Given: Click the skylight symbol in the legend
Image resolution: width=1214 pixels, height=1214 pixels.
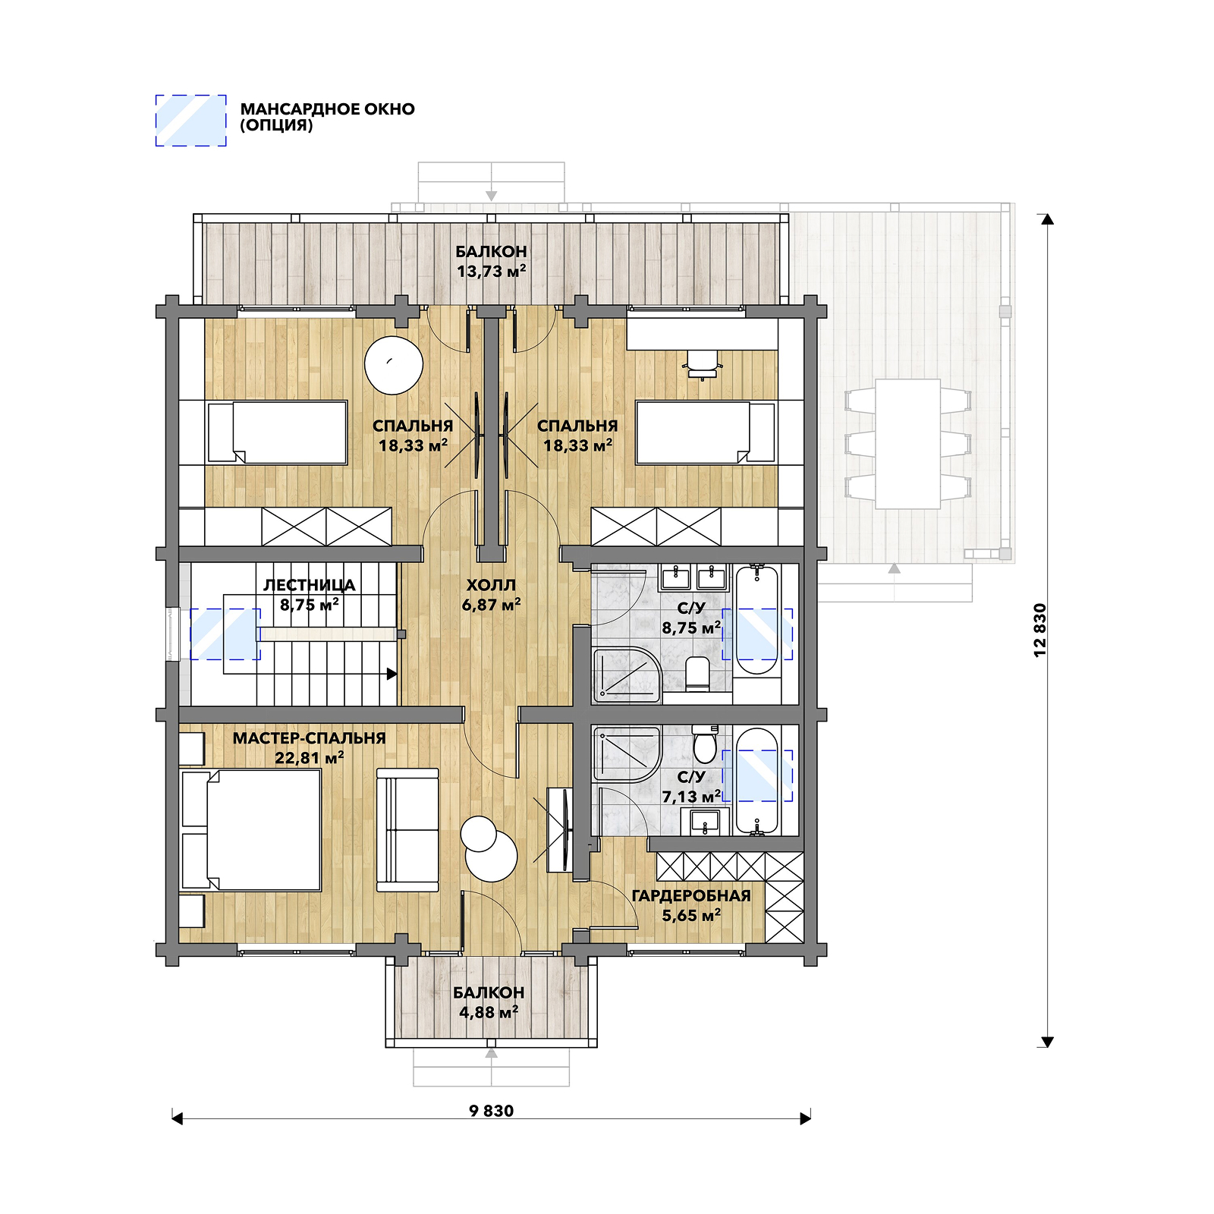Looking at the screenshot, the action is coord(190,120).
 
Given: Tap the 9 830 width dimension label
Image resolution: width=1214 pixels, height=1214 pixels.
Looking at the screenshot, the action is coord(492,1111).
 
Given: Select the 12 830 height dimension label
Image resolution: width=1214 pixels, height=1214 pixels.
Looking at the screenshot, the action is coord(1039,630).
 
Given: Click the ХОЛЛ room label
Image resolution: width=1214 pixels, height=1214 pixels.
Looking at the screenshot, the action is coord(491,585).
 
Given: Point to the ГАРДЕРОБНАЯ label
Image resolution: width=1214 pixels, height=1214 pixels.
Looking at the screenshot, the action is coord(691,895).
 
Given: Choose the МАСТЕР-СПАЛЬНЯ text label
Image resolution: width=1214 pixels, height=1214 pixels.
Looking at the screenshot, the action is coord(309,738).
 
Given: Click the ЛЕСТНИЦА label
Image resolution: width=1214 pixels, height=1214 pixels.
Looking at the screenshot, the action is coord(309,585).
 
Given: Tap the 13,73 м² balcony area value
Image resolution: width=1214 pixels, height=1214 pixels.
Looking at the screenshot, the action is coord(491,271).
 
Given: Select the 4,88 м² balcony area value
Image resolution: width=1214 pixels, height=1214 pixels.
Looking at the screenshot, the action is coord(489,1012).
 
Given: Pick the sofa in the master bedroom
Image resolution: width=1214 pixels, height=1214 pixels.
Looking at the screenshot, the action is coord(407,830).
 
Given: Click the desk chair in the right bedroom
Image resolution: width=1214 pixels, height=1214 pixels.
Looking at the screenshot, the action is coord(702,364).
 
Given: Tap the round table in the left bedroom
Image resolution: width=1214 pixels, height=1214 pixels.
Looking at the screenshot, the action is coord(393,365).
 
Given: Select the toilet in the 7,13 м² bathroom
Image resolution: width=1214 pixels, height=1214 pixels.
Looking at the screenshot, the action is coord(705,744).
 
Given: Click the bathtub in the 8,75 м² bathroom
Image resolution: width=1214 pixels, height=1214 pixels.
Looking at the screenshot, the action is coord(756,620).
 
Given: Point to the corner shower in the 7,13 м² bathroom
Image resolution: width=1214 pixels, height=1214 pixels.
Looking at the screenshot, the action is coord(627,754).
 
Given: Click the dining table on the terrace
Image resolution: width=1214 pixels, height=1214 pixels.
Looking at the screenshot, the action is coord(907,444).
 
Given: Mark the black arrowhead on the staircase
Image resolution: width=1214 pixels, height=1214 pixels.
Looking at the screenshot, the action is coord(392,673).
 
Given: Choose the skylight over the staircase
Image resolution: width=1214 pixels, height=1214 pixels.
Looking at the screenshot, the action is coord(225,634).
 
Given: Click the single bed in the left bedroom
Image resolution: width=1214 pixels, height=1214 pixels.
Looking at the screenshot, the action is coord(277,432).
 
